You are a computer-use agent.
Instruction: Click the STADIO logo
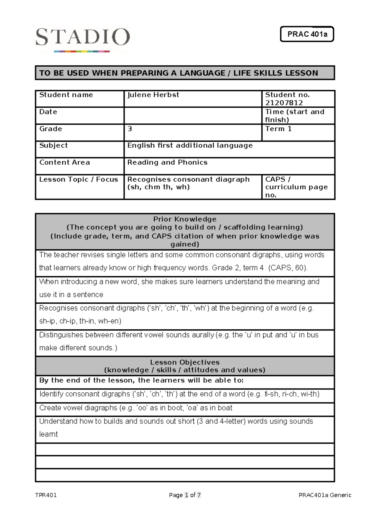[82, 39]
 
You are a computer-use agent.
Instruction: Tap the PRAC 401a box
[307, 34]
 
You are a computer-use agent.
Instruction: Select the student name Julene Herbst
[153, 95]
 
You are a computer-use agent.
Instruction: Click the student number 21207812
[284, 103]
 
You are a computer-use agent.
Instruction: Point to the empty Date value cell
[192, 116]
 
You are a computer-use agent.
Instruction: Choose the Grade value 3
[130, 129]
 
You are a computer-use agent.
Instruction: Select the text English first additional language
[190, 146]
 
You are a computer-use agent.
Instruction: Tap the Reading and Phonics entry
[167, 163]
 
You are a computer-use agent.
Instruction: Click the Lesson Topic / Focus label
[79, 179]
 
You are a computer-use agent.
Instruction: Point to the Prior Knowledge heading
[185, 219]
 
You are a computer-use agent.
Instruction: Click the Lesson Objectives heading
[185, 362]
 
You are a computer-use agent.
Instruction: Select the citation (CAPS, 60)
[288, 268]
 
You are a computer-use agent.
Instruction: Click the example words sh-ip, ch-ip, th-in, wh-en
[80, 321]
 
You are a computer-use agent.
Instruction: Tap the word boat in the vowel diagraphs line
[224, 408]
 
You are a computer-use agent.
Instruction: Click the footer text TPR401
[46, 495]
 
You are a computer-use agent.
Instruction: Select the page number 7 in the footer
[199, 495]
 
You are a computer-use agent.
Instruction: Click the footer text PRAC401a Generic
[325, 495]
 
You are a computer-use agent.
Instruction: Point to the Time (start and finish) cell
[295, 116]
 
